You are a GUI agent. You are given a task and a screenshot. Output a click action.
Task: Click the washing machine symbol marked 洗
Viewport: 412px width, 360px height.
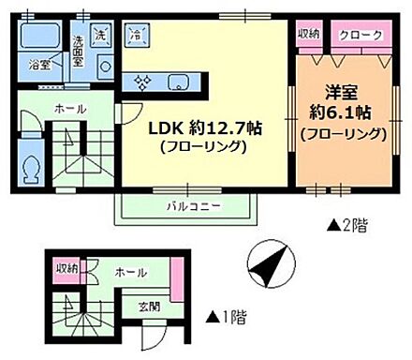102,34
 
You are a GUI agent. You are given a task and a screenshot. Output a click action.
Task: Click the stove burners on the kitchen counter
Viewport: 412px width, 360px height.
142,82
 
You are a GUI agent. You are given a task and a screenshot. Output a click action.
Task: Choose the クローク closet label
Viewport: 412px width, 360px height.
360,34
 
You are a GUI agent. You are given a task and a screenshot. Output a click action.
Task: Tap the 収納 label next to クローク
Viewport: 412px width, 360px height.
308,34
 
